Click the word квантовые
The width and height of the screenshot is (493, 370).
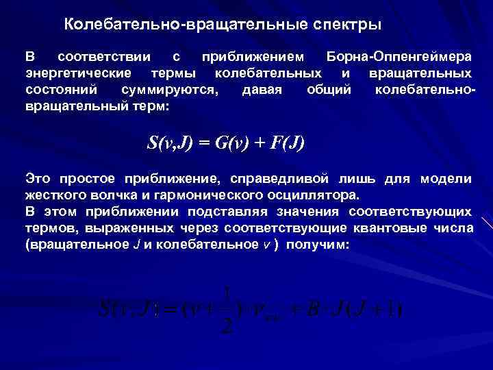point(395,228)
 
